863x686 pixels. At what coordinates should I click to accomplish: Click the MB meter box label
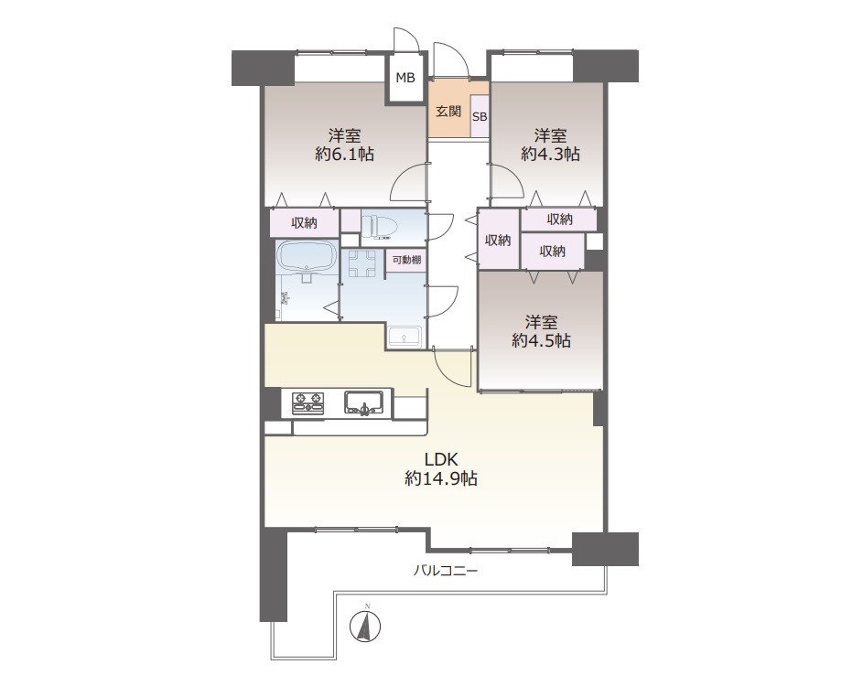405,78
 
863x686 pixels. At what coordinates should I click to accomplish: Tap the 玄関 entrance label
448,111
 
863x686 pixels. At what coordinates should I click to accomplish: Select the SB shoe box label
480,117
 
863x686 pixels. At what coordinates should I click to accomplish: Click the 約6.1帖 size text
344,154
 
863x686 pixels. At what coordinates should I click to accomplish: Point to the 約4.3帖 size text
550,154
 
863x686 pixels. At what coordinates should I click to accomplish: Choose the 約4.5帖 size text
541,340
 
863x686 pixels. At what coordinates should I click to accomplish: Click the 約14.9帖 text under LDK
441,478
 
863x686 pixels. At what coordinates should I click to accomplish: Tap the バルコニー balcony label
446,571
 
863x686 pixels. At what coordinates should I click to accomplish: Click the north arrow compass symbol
365,624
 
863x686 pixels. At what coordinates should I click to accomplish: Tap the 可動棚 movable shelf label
406,260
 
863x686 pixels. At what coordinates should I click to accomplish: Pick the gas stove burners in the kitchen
308,402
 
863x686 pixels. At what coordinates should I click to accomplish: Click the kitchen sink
364,402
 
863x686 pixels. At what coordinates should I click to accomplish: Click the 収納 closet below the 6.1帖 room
304,223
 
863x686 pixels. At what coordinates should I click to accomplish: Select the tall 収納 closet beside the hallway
498,240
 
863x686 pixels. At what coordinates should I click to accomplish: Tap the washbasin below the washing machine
405,336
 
